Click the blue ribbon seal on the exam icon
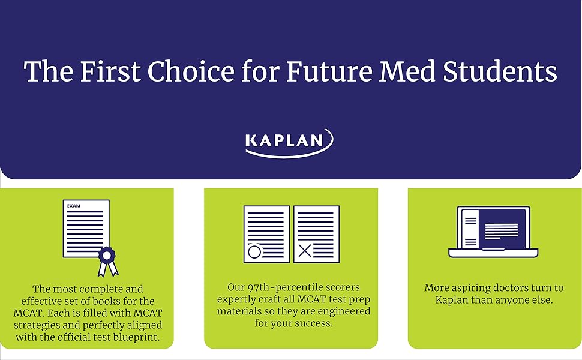click(108, 254)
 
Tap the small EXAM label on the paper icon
click(74, 206)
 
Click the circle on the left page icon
click(254, 251)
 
